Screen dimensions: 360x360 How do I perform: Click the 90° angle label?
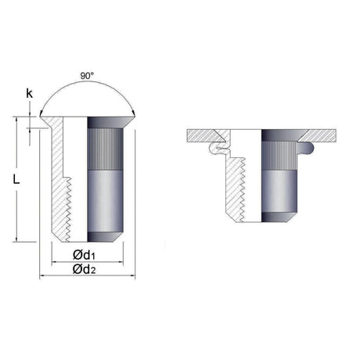coord(87,76)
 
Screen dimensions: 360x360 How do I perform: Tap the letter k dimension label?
coord(30,93)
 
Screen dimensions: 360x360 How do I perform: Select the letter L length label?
coord(16,179)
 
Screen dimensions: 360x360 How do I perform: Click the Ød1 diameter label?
coord(84,254)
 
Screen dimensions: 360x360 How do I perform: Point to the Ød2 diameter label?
coord(85,269)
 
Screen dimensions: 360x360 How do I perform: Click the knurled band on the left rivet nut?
coord(105,149)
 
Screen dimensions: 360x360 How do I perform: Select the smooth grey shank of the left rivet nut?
coord(105,201)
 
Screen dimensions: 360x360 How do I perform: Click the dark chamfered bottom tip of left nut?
coord(105,236)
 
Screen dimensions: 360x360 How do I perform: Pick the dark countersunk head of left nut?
coord(108,123)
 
